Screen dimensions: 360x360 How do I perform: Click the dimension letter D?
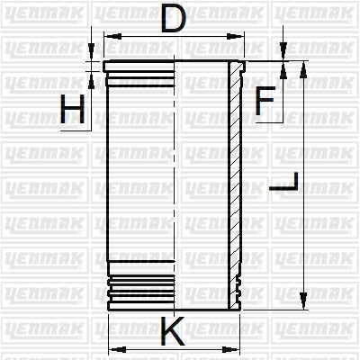click(x=174, y=18)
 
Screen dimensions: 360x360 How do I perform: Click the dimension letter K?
click(x=173, y=331)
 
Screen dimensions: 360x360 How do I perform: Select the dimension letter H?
click(x=72, y=109)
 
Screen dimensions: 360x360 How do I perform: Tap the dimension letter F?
click(x=265, y=101)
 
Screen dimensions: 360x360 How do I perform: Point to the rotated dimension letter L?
click(x=283, y=182)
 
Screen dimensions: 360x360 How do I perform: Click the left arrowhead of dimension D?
click(x=113, y=37)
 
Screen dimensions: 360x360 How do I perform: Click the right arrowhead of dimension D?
click(x=235, y=37)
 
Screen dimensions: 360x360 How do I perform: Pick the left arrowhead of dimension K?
click(x=118, y=349)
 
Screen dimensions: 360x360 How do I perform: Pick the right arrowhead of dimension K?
click(x=231, y=349)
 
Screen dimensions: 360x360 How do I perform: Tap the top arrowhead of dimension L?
click(x=303, y=70)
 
